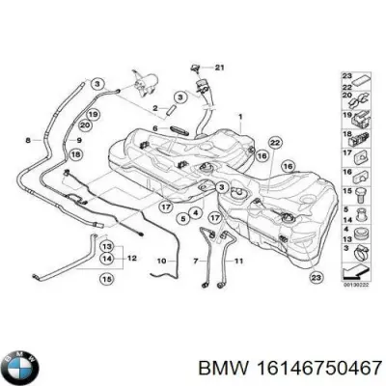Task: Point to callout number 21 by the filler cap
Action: tap(219, 67)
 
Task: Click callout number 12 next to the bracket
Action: tap(131, 258)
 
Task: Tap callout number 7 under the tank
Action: tap(195, 261)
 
